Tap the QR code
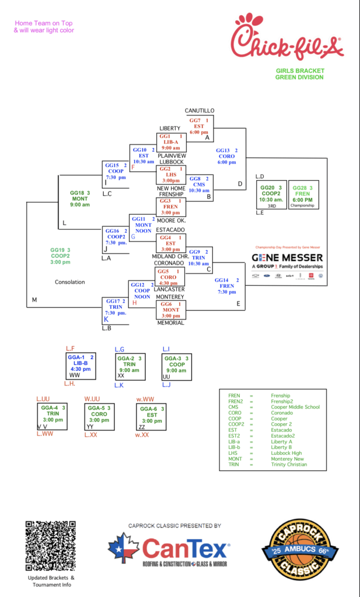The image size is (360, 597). coord(50,546)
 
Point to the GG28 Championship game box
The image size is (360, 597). coord(303,195)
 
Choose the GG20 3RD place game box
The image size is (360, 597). coord(271,195)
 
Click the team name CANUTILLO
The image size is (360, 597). coord(200,110)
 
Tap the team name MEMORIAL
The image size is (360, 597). coord(170,322)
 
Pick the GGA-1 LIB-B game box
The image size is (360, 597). coord(81,366)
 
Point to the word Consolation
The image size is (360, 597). coord(70,282)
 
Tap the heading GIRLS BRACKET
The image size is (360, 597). coord(300,71)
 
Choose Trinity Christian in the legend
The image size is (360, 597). coord(289,465)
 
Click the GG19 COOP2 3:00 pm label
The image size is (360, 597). coord(60,256)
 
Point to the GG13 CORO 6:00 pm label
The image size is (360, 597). coord(227,156)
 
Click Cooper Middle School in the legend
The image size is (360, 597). coord(295,407)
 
